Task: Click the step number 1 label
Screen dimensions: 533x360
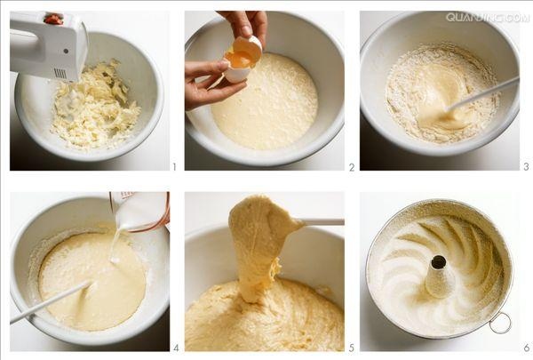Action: pyautogui.click(x=174, y=167)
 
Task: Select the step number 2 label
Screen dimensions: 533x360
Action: pyautogui.click(x=352, y=167)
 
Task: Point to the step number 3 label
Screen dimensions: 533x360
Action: pyautogui.click(x=526, y=166)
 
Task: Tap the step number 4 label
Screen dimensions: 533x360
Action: pyautogui.click(x=176, y=348)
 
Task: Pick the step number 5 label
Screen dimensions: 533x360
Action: pyautogui.click(x=352, y=348)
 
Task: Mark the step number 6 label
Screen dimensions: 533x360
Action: pyautogui.click(x=527, y=348)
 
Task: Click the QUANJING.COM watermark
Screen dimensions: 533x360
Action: pyautogui.click(x=488, y=18)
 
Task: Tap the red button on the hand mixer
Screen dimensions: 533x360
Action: pyautogui.click(x=53, y=19)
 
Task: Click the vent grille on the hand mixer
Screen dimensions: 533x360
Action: pyautogui.click(x=60, y=73)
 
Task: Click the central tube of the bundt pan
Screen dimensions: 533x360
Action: pyautogui.click(x=439, y=276)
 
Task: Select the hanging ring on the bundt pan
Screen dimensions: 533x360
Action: pyautogui.click(x=500, y=323)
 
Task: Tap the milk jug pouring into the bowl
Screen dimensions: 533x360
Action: pyautogui.click(x=141, y=212)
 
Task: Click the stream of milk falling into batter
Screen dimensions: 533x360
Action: pyautogui.click(x=115, y=245)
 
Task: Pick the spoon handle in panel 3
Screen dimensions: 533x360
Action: pyautogui.click(x=482, y=93)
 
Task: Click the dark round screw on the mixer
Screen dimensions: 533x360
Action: pyautogui.click(x=66, y=51)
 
